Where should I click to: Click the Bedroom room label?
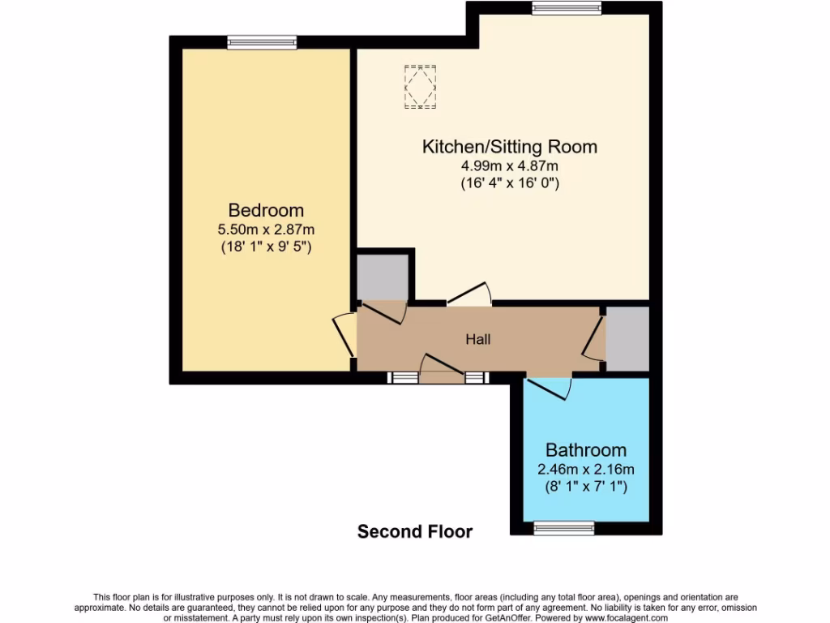click(x=266, y=210)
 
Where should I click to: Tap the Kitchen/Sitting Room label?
click(x=509, y=147)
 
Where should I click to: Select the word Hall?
click(x=477, y=340)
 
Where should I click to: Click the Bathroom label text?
click(x=585, y=450)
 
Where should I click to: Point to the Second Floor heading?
click(x=415, y=532)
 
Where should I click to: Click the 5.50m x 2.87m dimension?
click(x=266, y=230)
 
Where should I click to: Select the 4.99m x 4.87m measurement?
click(x=509, y=166)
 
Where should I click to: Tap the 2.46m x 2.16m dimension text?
click(x=585, y=469)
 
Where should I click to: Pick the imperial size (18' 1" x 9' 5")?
click(x=266, y=247)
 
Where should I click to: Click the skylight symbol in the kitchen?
click(x=420, y=86)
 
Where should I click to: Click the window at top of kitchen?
click(x=567, y=8)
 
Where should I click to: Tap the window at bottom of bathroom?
click(x=563, y=529)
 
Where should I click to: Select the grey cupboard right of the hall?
click(x=628, y=339)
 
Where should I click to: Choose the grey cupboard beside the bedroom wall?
click(x=383, y=277)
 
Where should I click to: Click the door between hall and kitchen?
click(x=470, y=294)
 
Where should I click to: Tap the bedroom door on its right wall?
click(x=344, y=335)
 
